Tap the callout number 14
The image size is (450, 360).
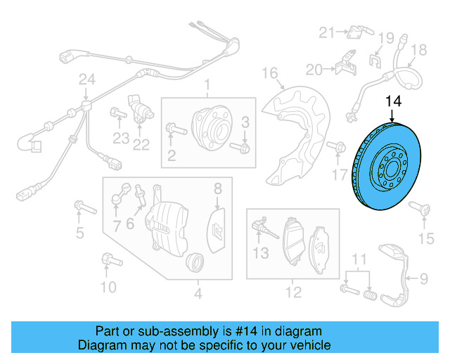point(393,101)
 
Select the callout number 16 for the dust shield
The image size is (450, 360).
point(271,72)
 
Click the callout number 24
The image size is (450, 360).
point(86,82)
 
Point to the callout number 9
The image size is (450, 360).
point(423,279)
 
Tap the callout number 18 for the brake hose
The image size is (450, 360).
point(418,50)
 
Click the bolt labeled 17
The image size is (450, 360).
point(339,148)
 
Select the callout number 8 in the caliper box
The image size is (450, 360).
point(218,188)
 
